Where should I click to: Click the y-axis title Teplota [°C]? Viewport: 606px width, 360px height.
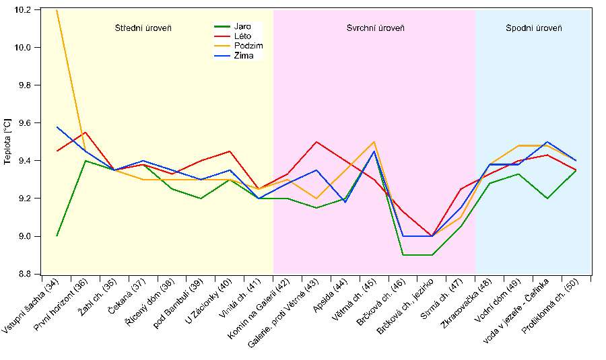tap(7, 142)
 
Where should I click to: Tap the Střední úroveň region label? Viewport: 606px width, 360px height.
tap(143, 28)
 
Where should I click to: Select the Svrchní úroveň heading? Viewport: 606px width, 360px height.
tap(375, 28)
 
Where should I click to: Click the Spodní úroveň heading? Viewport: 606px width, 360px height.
tap(534, 28)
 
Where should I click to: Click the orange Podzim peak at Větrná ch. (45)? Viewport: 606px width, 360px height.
tap(374, 142)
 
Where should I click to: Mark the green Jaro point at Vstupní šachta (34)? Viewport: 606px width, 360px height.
tap(57, 236)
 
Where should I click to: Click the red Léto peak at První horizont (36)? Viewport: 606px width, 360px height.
tap(86, 133)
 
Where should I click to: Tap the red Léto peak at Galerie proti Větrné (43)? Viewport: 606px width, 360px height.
tap(316, 142)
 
